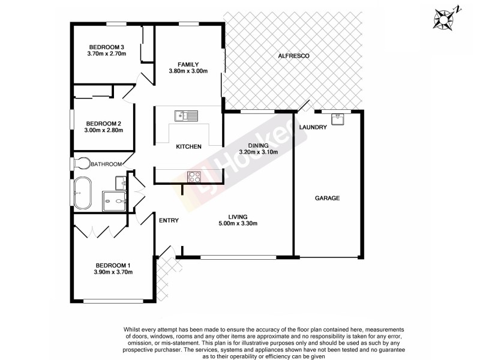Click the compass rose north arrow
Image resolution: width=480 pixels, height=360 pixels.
point(445,18)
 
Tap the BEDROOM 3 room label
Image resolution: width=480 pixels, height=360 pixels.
point(106,47)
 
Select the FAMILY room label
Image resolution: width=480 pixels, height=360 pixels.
point(188,64)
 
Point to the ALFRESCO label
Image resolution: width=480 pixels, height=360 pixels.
point(294,56)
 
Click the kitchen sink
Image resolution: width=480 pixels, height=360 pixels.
point(186,116)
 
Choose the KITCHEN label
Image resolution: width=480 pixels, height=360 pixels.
point(188,146)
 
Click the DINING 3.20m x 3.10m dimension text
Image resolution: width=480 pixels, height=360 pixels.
point(258,152)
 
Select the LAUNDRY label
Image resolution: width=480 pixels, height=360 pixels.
point(313,127)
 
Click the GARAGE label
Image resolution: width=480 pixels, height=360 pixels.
point(328,198)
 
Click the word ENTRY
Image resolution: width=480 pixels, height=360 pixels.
point(169,220)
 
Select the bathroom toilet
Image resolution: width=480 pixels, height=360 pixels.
point(81,163)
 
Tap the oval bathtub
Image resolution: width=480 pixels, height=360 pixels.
point(82,194)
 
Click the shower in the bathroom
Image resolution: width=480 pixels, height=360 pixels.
point(113,201)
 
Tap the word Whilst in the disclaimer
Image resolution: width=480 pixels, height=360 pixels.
point(133,329)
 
